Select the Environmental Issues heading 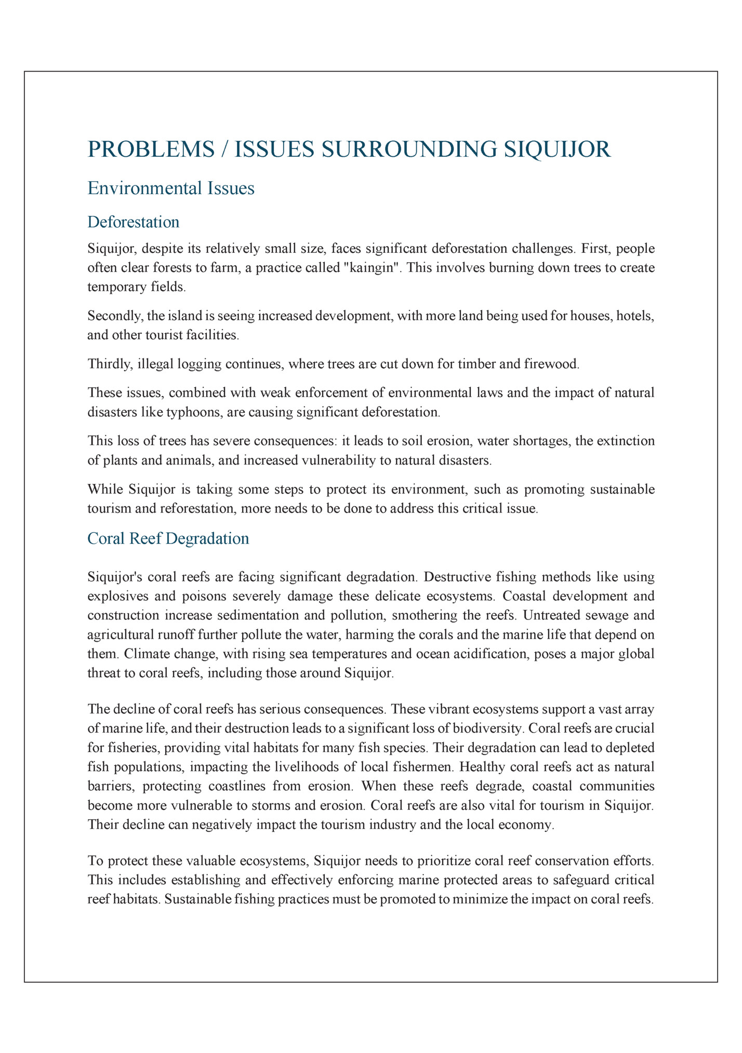pos(171,188)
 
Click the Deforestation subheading pos(133,222)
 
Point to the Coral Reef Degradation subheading pos(168,538)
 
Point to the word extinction pos(626,441)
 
